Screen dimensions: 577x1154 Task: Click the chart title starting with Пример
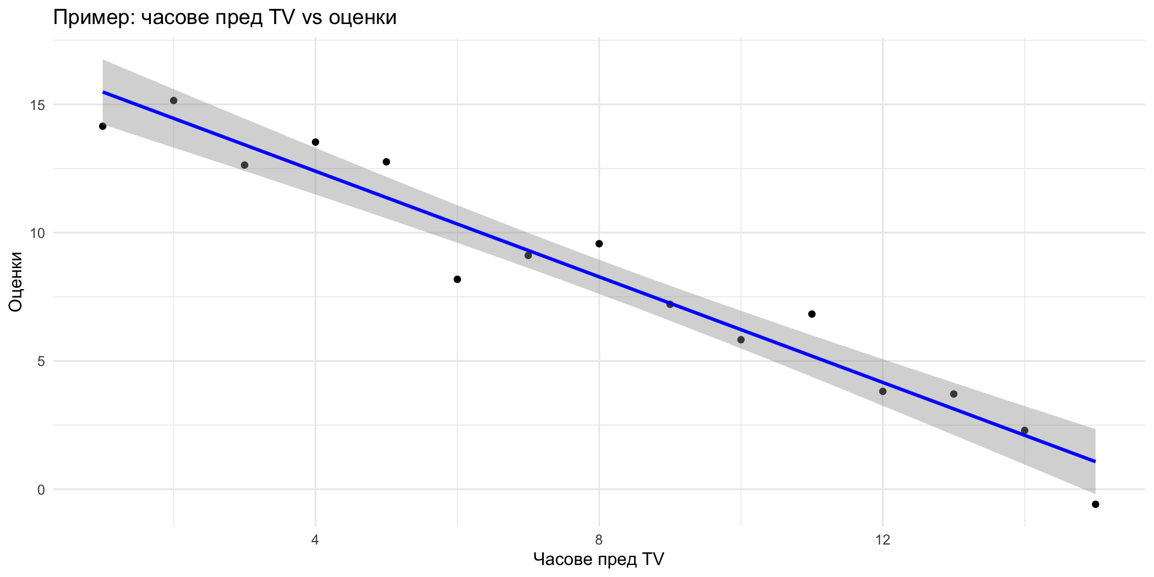(x=225, y=17)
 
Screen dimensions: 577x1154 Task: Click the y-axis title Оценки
(x=16, y=282)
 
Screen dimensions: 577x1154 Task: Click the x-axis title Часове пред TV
(x=599, y=560)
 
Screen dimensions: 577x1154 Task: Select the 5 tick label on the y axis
(x=41, y=361)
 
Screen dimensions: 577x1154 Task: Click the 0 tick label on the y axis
(x=41, y=490)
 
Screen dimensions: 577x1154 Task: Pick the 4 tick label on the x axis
(x=315, y=539)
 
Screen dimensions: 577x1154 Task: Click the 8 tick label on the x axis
(x=599, y=539)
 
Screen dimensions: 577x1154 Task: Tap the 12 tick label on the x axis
(x=882, y=539)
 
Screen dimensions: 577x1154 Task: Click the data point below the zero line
(x=1095, y=504)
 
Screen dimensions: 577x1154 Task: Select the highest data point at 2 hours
(x=174, y=100)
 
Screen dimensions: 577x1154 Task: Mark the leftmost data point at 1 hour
(x=103, y=126)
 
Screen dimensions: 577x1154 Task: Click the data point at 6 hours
(x=457, y=279)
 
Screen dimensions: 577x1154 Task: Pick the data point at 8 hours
(x=599, y=243)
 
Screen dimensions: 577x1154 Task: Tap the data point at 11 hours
(x=812, y=314)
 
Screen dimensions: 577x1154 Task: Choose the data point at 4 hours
(x=316, y=142)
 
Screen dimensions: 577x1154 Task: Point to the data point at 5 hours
(x=386, y=162)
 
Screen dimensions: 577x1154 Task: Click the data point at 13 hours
(x=954, y=394)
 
